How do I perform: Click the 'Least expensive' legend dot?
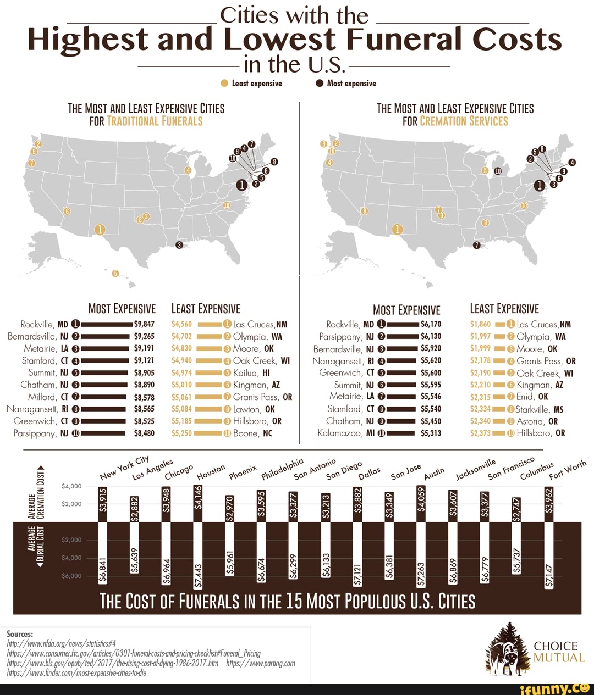(224, 84)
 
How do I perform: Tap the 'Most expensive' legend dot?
(320, 84)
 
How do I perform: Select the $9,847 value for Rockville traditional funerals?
(144, 324)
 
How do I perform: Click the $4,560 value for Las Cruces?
(182, 324)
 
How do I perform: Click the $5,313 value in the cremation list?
(431, 433)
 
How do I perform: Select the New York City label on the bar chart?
(124, 468)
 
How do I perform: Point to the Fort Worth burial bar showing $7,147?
(548, 555)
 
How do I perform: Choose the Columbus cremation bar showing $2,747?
(516, 509)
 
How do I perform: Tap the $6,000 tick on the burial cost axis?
(71, 576)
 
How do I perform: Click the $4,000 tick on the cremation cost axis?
(71, 486)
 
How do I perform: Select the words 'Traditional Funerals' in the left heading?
(155, 121)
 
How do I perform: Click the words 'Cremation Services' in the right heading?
(464, 121)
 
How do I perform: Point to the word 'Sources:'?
(20, 633)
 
